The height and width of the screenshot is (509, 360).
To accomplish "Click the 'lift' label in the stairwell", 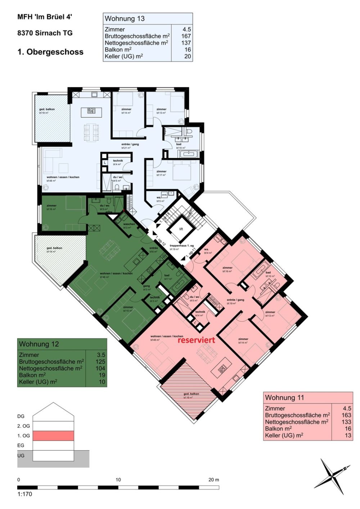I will (x=181, y=229).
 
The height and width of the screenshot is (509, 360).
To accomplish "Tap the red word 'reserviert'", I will (x=196, y=340).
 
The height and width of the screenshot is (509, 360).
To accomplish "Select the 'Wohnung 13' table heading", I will (x=125, y=19).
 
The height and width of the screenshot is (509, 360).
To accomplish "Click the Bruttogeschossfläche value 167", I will (x=186, y=36).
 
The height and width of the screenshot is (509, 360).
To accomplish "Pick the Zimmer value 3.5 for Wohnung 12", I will (x=101, y=355).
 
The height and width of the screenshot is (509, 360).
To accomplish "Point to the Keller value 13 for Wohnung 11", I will (x=347, y=435).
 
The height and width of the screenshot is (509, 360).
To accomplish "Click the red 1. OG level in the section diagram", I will (x=53, y=436).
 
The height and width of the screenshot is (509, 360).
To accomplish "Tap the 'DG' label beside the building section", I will (x=21, y=416).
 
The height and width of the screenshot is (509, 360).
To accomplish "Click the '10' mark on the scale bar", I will (x=118, y=480).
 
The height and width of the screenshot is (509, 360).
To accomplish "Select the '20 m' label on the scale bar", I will (x=213, y=480).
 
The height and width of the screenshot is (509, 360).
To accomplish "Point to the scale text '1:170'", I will (x=25, y=494).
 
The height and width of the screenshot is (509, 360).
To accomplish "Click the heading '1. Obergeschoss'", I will (x=50, y=52).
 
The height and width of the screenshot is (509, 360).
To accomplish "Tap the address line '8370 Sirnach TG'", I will (x=45, y=33).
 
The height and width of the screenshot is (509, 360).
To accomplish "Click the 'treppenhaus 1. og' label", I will (x=182, y=246).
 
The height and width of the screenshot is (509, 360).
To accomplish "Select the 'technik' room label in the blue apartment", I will (x=118, y=161).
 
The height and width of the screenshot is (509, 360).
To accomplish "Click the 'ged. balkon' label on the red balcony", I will (x=191, y=394).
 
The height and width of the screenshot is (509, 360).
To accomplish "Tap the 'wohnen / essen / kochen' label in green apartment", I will (x=116, y=273).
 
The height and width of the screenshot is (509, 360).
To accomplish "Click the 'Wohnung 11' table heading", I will (x=284, y=398).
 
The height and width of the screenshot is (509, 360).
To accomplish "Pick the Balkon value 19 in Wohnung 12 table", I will (x=101, y=375).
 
